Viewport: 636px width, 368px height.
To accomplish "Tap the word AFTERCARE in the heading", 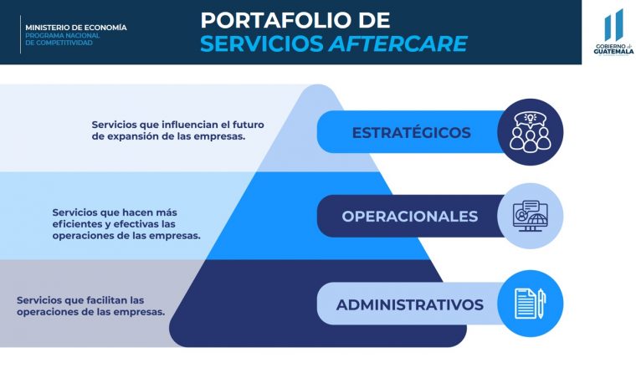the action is tap(397, 43).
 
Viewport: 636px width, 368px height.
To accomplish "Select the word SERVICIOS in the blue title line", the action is tap(262, 43).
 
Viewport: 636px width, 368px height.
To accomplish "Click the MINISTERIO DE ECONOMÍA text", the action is tap(76, 28).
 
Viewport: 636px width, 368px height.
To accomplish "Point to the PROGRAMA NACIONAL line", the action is tap(63, 36).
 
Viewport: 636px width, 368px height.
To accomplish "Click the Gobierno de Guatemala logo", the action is tap(613, 33).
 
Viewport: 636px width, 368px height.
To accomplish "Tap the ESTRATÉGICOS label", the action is tap(411, 132).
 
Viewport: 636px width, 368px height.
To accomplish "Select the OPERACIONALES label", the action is tap(410, 217).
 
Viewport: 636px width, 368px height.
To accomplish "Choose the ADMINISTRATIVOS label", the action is tap(410, 304).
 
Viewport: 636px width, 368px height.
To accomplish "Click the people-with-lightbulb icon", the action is tap(530, 132).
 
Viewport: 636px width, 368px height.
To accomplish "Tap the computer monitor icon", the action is tap(530, 216).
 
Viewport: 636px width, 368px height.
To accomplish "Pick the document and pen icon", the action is tap(530, 304).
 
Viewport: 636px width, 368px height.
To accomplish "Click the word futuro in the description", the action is tap(249, 125).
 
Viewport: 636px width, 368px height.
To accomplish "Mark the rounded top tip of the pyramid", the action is tap(319, 85).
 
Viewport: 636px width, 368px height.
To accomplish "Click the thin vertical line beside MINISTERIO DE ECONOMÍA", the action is tap(20, 34).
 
